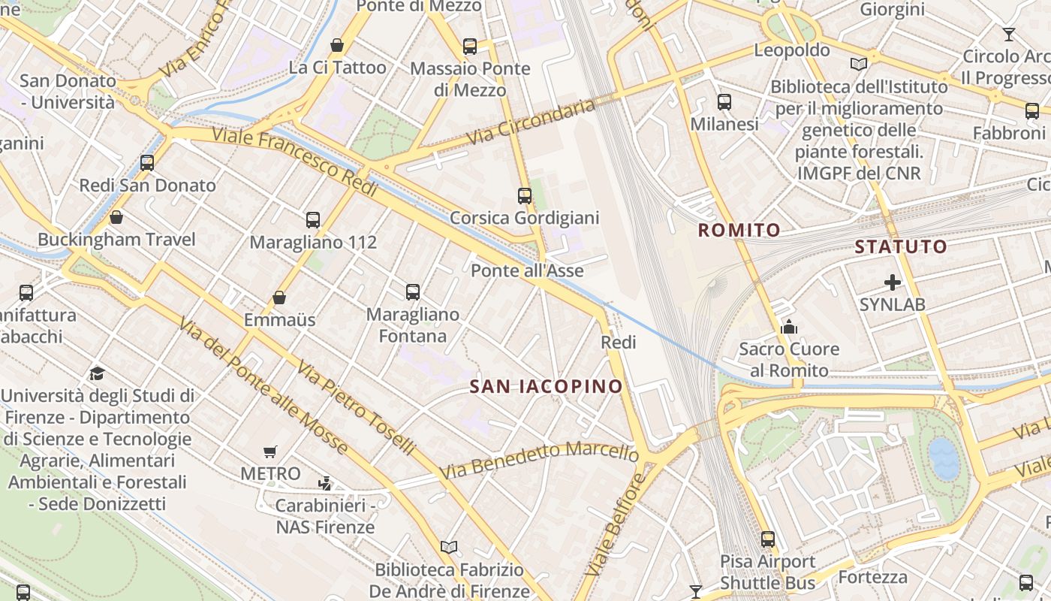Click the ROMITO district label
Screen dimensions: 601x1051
[739, 230]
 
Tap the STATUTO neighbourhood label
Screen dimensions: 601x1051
[901, 246]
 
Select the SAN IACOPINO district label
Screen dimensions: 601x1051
[546, 386]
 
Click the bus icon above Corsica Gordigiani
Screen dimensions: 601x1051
[525, 196]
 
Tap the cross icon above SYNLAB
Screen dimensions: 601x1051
[892, 282]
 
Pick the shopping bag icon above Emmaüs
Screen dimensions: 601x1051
[279, 297]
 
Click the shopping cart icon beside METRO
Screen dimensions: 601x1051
[270, 452]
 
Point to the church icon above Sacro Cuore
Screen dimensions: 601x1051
[789, 327]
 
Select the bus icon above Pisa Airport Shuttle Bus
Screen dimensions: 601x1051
[767, 539]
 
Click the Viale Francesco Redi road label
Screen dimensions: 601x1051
[294, 162]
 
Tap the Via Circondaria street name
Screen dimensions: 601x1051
[531, 123]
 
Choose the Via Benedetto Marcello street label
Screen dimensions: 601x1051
[539, 460]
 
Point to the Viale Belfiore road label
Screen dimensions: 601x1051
[614, 525]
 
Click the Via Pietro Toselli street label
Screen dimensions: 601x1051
[356, 408]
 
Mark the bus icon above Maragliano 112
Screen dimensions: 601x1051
[313, 220]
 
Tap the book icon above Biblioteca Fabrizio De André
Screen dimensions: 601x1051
[449, 548]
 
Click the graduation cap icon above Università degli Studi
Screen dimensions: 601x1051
[97, 373]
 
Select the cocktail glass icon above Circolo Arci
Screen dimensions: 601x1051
[1008, 35]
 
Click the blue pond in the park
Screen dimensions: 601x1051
[944, 458]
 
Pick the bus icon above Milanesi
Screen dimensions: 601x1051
[724, 102]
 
